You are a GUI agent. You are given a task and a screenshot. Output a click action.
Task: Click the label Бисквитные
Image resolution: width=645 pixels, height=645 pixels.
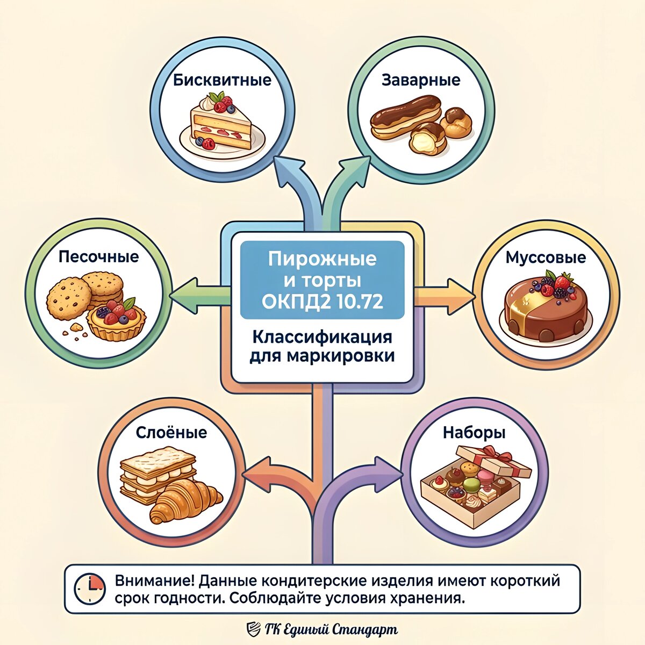click(x=222, y=81)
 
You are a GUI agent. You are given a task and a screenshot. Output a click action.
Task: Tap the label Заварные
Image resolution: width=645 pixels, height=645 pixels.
click(x=421, y=80)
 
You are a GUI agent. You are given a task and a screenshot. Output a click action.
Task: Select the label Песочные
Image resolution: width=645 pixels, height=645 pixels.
click(x=98, y=256)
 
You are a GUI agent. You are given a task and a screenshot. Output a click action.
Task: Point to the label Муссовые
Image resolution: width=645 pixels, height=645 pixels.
click(x=546, y=257)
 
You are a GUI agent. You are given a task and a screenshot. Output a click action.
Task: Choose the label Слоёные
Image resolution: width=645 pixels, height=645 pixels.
click(x=171, y=433)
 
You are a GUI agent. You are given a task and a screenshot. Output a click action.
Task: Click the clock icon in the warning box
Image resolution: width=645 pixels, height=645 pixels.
click(x=89, y=589)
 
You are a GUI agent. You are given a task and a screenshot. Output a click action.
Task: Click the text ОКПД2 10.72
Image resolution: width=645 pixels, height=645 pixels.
click(x=322, y=301)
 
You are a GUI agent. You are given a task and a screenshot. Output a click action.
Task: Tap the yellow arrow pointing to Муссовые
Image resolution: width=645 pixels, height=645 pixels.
click(x=446, y=296)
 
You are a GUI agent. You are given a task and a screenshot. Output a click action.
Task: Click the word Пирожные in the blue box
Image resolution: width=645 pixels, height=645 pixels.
click(x=322, y=259)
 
